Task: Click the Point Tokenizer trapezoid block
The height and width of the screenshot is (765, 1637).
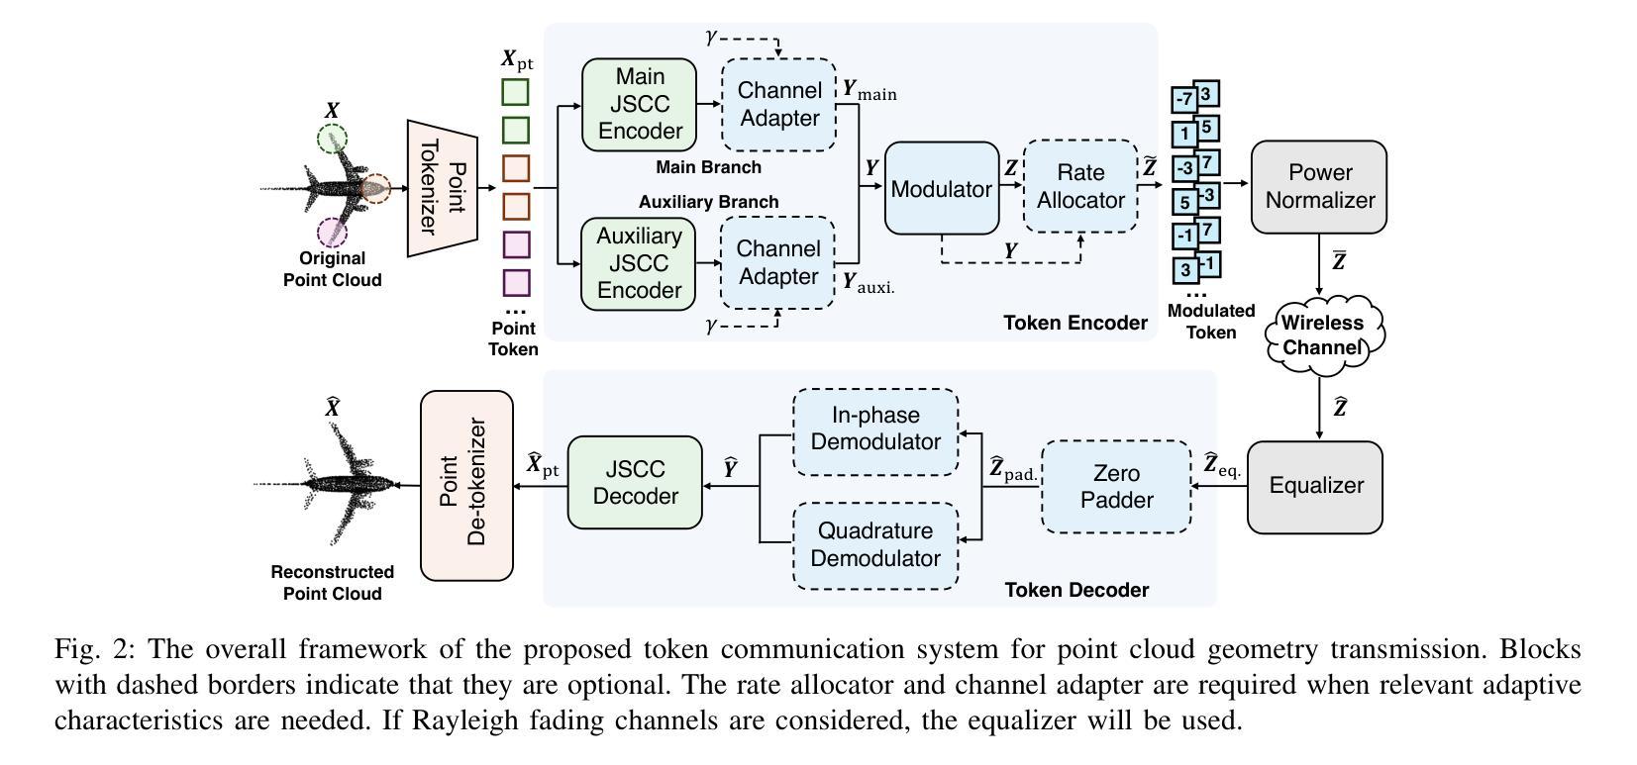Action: click(x=443, y=188)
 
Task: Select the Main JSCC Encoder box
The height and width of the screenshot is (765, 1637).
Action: click(x=639, y=104)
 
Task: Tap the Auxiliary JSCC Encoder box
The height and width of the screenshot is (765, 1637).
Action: click(x=639, y=263)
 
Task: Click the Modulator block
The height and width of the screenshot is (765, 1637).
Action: click(x=941, y=188)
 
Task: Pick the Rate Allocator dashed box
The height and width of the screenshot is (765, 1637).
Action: click(x=1080, y=186)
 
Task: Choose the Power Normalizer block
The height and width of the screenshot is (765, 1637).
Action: click(x=1319, y=186)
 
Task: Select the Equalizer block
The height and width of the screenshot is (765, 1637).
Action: click(x=1315, y=486)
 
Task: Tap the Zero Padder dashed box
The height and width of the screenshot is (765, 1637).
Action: click(x=1116, y=486)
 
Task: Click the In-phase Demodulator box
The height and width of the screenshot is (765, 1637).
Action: click(x=874, y=429)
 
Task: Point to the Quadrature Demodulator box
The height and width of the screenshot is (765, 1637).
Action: click(x=874, y=544)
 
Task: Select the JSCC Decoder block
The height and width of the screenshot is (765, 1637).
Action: click(x=635, y=482)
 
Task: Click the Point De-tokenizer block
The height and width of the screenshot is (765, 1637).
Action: click(x=466, y=485)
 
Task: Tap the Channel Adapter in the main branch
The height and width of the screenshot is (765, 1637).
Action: click(x=778, y=104)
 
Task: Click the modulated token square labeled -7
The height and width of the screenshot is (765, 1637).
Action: click(x=1184, y=100)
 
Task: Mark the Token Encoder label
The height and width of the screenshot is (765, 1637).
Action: click(x=1074, y=323)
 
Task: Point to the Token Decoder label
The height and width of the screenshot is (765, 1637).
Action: click(x=1076, y=590)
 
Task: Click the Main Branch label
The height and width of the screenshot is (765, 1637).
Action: click(x=708, y=167)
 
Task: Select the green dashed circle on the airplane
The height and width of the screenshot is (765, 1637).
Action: click(x=332, y=139)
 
